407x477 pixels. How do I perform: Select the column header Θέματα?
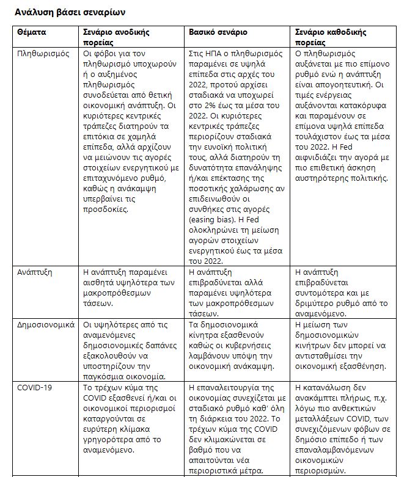click(x=34, y=31)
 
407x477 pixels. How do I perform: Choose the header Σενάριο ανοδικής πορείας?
click(x=116, y=36)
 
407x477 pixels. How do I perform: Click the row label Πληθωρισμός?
click(x=43, y=54)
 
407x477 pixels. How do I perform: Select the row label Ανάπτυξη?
click(x=35, y=271)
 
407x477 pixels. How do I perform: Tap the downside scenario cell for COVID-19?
click(x=343, y=428)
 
